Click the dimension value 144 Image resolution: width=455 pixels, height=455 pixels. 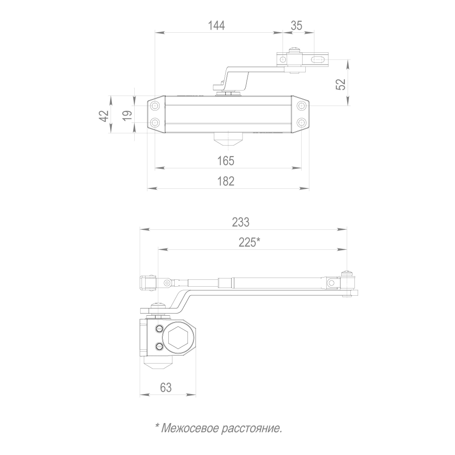tap(217, 25)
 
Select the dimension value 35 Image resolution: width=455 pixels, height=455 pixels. tap(296, 25)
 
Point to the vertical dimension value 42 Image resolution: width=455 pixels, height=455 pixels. tap(104, 116)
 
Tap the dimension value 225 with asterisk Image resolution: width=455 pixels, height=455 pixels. tap(249, 242)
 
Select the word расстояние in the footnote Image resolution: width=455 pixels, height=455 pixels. tap(252, 428)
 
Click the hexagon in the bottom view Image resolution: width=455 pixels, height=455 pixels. tap(179, 339)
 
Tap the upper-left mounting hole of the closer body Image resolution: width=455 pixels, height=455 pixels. tap(156, 106)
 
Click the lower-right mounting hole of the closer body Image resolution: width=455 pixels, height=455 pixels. tap(301, 123)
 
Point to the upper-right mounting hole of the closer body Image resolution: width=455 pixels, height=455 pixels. tap(301, 106)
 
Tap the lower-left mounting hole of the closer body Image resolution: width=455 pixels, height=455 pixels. tap(156, 123)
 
